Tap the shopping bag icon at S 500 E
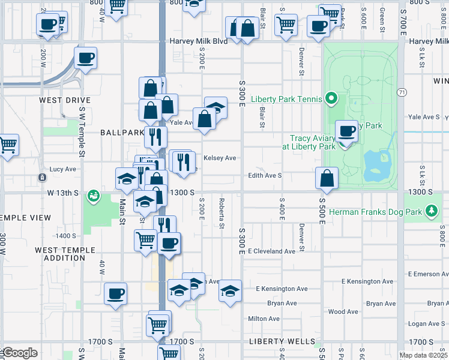point(327,178)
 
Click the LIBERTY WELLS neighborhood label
point(277,341)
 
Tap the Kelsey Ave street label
point(220,158)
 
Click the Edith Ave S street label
point(265,176)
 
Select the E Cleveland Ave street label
point(271,251)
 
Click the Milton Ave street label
point(262,319)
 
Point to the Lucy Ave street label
point(62,169)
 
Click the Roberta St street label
point(221,214)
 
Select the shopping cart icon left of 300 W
point(7,145)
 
